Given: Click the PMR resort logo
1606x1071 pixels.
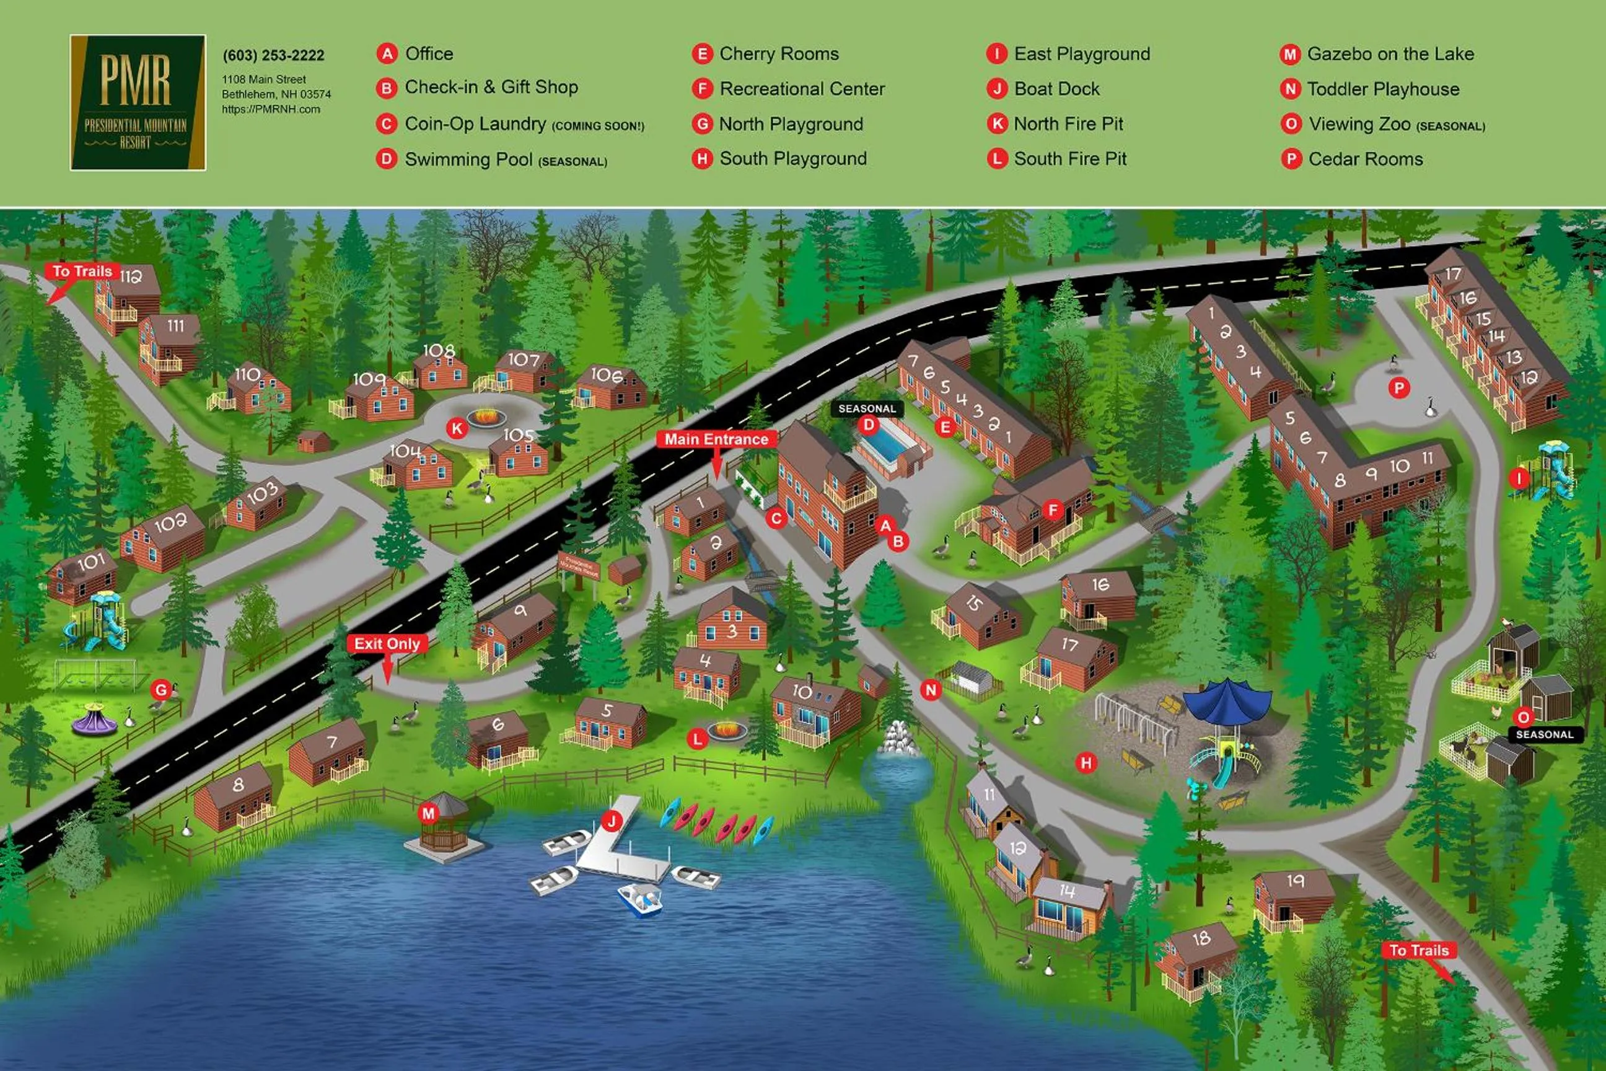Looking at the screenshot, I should pyautogui.click(x=138, y=102).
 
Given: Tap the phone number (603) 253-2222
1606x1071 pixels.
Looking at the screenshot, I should pyautogui.click(x=273, y=55).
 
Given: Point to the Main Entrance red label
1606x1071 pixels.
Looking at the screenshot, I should pyautogui.click(x=716, y=439).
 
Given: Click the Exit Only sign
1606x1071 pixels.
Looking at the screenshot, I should pyautogui.click(x=387, y=643).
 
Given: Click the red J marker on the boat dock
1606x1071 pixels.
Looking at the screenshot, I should pyautogui.click(x=611, y=821).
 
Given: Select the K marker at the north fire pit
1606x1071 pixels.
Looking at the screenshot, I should pyautogui.click(x=456, y=429).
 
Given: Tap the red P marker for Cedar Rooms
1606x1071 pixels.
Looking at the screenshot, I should pyautogui.click(x=1398, y=389).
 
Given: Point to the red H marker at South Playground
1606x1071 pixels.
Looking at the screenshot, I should pyautogui.click(x=1086, y=763).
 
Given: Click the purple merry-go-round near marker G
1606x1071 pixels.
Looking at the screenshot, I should pyautogui.click(x=95, y=721).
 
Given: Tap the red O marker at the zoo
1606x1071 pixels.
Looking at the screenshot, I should pyautogui.click(x=1523, y=716).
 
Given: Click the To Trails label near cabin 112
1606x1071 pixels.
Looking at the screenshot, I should pyautogui.click(x=82, y=271).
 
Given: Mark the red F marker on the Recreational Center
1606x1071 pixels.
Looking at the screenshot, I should pyautogui.click(x=1052, y=509).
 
